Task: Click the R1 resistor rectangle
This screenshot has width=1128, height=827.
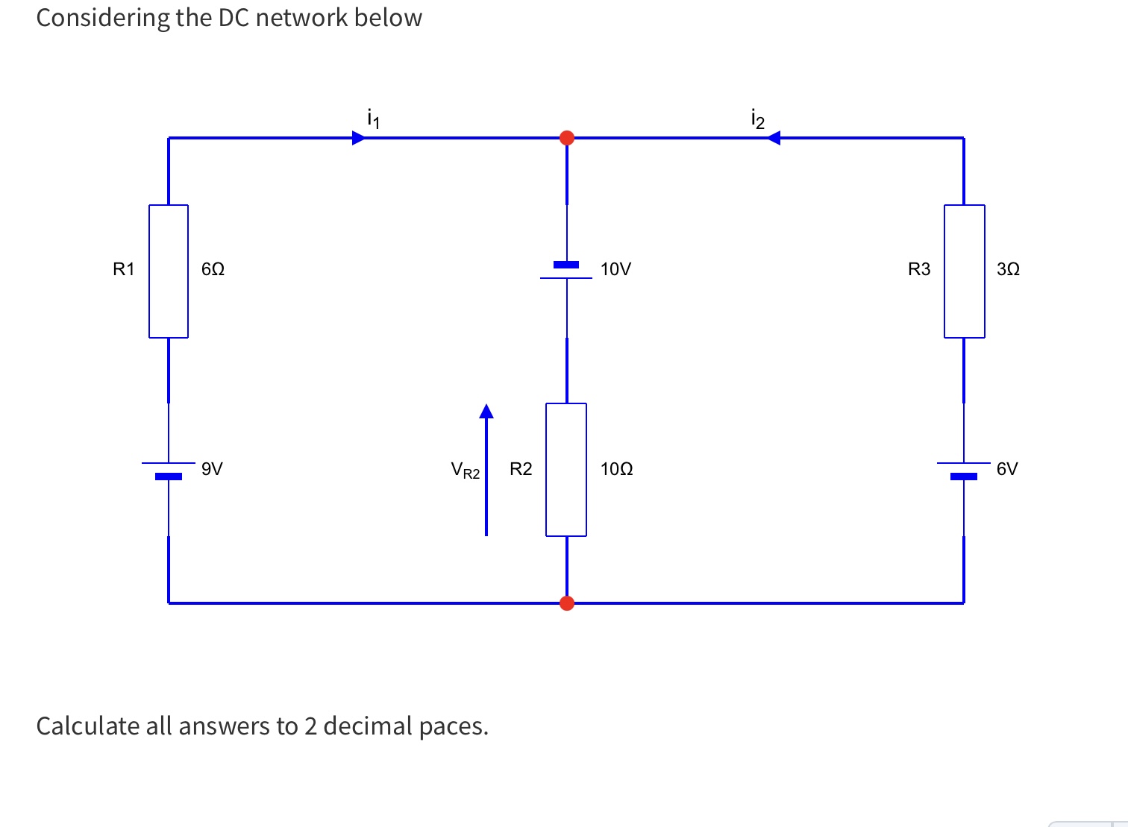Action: click(169, 271)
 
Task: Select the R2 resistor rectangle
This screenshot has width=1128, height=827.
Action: click(566, 469)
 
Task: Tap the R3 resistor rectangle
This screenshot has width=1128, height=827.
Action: click(964, 271)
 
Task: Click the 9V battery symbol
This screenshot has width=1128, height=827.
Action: click(169, 469)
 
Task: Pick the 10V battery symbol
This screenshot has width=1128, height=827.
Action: click(566, 271)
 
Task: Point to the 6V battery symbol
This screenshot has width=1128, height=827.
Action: click(964, 469)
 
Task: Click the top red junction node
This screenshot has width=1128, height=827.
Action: click(567, 138)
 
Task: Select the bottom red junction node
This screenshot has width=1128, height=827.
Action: click(567, 603)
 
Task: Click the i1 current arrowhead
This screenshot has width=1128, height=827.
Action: click(359, 138)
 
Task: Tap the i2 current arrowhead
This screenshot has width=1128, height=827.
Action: click(774, 138)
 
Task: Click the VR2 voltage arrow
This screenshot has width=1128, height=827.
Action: click(486, 470)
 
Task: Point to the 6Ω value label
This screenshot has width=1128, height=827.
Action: click(213, 269)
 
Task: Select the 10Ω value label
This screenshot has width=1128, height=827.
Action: click(616, 469)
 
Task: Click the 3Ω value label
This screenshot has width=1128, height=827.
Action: click(1008, 269)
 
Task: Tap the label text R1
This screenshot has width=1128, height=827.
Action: click(123, 269)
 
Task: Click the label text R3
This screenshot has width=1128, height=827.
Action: click(919, 269)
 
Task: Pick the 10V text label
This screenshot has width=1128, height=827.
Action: click(615, 269)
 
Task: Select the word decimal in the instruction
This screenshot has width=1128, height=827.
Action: click(368, 726)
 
